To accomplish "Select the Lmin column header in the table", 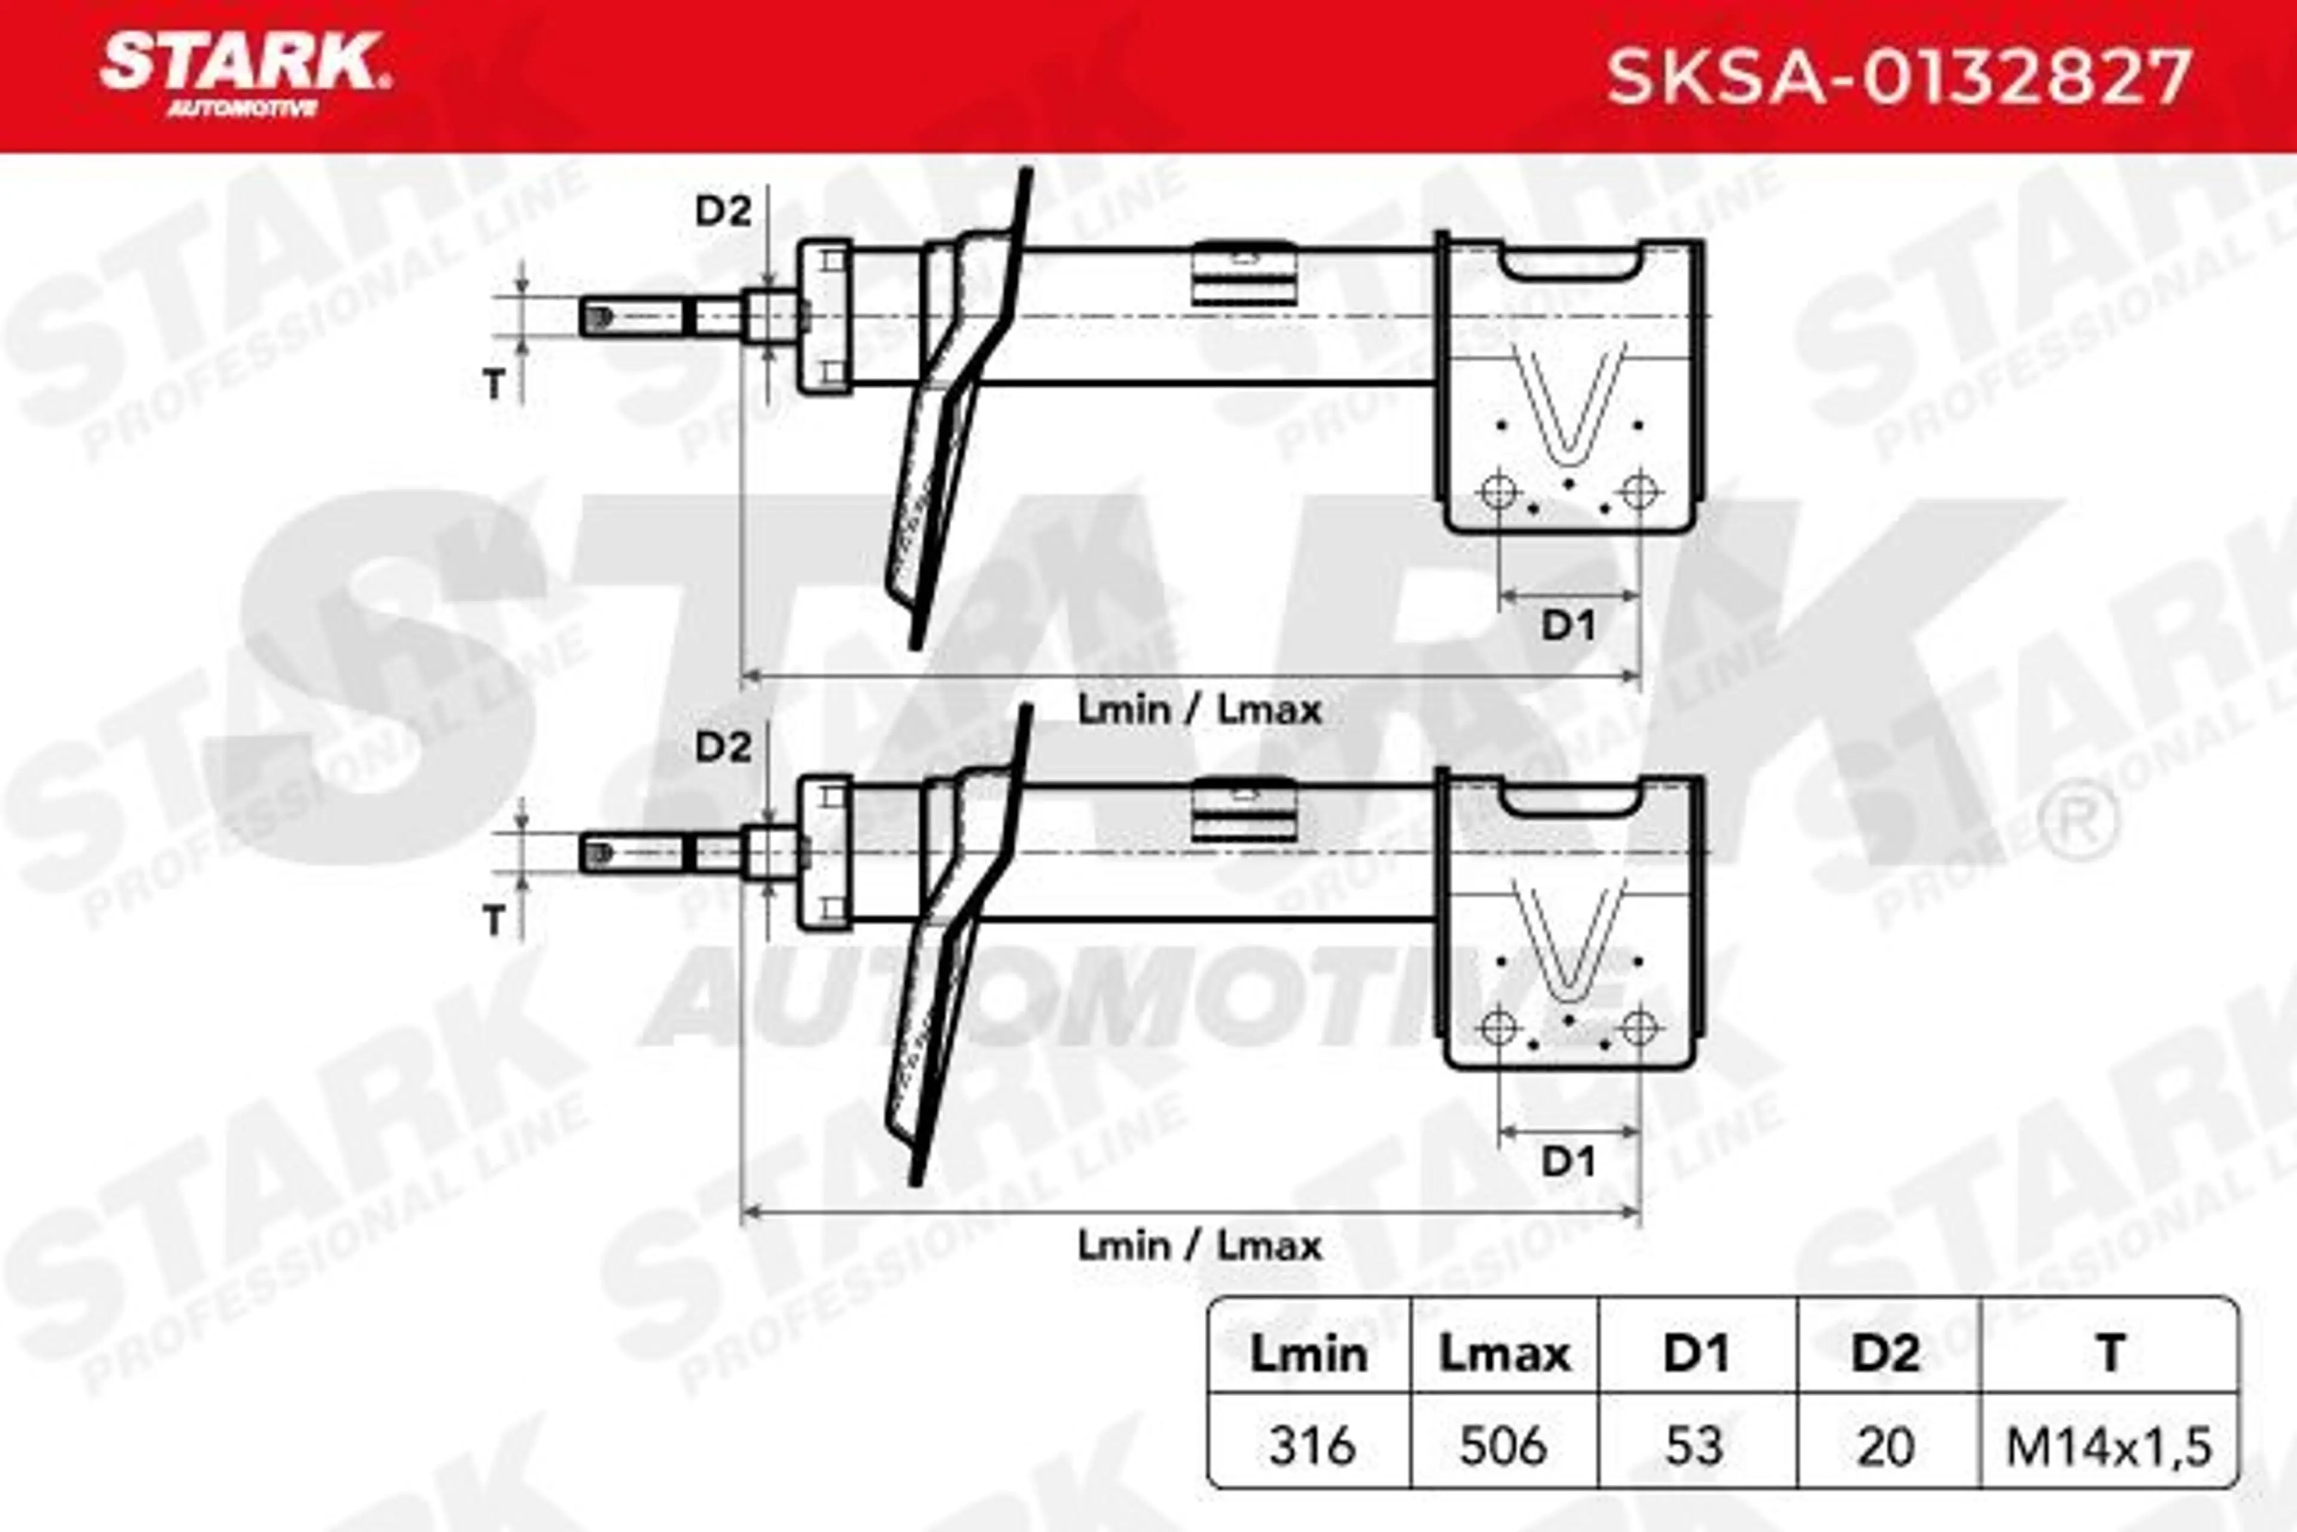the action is point(1309,1355).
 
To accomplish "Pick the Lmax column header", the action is point(1504,1355).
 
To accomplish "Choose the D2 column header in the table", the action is point(1886,1355).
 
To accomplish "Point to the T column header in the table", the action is point(2110,1355).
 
